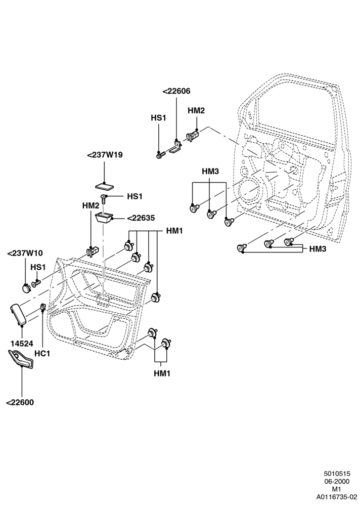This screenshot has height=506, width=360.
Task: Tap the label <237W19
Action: point(105,155)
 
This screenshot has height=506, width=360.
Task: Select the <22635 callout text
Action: point(141,218)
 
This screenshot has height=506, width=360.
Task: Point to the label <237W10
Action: point(25,254)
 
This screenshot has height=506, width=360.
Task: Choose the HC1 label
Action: point(42,353)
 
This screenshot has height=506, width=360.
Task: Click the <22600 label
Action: point(20,402)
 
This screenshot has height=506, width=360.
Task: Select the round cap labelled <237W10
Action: point(25,287)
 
